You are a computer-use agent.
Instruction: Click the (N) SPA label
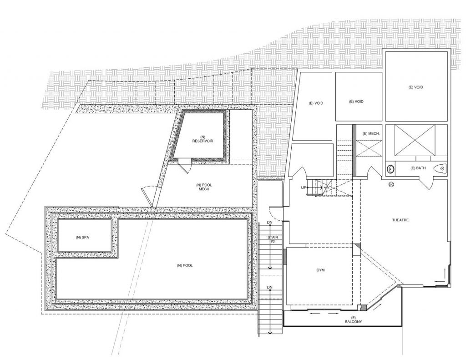coord(81,238)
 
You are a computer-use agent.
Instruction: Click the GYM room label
coord(321,270)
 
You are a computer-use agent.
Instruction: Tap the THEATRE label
coord(400,220)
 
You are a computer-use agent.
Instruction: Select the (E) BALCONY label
coord(353,319)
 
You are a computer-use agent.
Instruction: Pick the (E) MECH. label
coord(371,133)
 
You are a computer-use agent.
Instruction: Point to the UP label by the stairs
coord(303,188)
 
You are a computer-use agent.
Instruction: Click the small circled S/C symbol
coord(390,184)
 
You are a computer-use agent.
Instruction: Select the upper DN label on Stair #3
coord(269,222)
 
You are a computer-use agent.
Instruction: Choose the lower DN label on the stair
coord(269,288)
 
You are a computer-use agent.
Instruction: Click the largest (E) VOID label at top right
coord(416,87)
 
